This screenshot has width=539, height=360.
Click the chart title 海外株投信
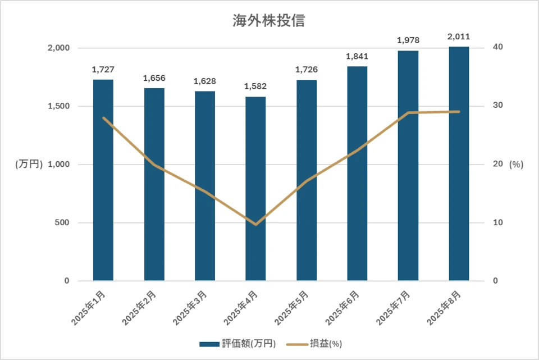click(x=269, y=21)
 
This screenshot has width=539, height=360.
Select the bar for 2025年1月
click(x=103, y=180)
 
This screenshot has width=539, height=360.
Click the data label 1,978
click(x=408, y=40)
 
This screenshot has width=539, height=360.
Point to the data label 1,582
click(x=255, y=86)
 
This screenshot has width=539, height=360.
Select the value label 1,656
click(x=154, y=78)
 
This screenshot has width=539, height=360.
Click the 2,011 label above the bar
click(x=459, y=37)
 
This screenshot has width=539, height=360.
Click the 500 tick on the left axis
click(x=62, y=223)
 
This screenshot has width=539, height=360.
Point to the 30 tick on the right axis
click(x=497, y=106)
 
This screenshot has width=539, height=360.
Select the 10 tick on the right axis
click(x=497, y=223)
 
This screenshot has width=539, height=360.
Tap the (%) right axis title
click(x=516, y=165)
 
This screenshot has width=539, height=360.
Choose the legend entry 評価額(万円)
click(x=239, y=344)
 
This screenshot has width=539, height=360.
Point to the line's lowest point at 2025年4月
click(x=255, y=224)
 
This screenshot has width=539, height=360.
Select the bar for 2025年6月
click(x=357, y=174)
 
